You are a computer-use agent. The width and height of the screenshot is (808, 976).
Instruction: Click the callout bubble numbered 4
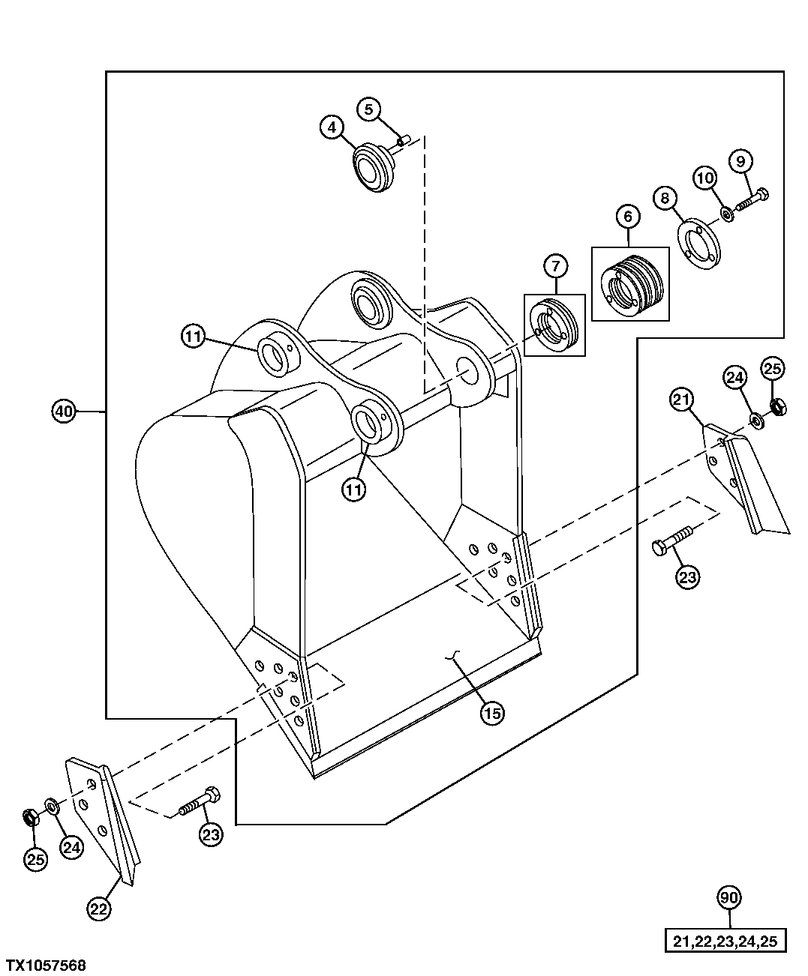click(332, 127)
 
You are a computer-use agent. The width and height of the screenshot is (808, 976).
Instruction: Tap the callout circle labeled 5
click(368, 109)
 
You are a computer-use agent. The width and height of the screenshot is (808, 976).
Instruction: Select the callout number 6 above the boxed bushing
click(628, 217)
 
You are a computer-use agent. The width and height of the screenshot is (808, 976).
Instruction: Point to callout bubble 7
click(556, 265)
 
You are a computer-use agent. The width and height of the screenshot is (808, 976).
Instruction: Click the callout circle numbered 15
click(491, 713)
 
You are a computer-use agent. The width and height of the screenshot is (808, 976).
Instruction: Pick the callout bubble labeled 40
click(64, 411)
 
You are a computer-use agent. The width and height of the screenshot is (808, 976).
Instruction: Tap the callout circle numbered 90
click(729, 897)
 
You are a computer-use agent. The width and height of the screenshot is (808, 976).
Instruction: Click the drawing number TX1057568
click(46, 964)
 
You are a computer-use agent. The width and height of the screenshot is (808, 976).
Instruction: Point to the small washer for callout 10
click(726, 214)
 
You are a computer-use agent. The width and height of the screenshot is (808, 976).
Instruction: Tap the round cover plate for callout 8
click(698, 242)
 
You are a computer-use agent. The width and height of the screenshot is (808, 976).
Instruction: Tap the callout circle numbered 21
click(680, 402)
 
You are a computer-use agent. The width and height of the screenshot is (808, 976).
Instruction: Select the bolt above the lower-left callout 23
click(199, 801)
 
